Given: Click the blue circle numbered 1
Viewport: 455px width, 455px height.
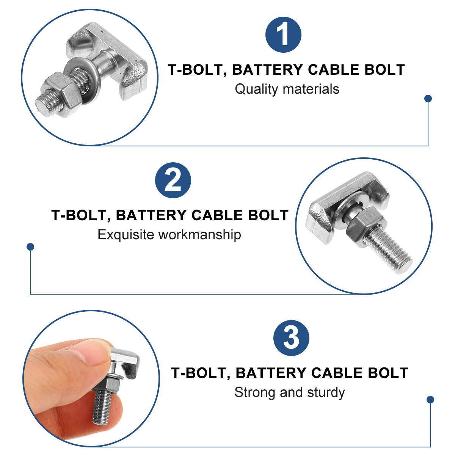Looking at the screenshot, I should click(x=283, y=35).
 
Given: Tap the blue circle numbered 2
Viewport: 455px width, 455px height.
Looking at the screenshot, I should click(x=173, y=180).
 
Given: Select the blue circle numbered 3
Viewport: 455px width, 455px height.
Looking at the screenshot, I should click(x=291, y=338).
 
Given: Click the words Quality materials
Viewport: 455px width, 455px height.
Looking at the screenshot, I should click(x=287, y=89).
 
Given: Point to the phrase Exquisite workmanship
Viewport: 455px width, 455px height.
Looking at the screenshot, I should click(x=169, y=235).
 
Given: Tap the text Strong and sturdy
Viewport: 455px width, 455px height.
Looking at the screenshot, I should click(x=289, y=392).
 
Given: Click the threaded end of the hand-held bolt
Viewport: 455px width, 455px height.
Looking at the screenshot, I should click(x=102, y=408).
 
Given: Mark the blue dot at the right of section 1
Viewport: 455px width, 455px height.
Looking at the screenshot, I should click(x=428, y=99).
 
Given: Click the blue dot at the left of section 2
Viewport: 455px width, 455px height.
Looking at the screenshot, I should click(x=31, y=247).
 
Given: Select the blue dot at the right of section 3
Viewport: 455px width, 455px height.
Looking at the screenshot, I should click(x=430, y=400).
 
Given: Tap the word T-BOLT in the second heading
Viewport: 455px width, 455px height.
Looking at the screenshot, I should click(x=80, y=215).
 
